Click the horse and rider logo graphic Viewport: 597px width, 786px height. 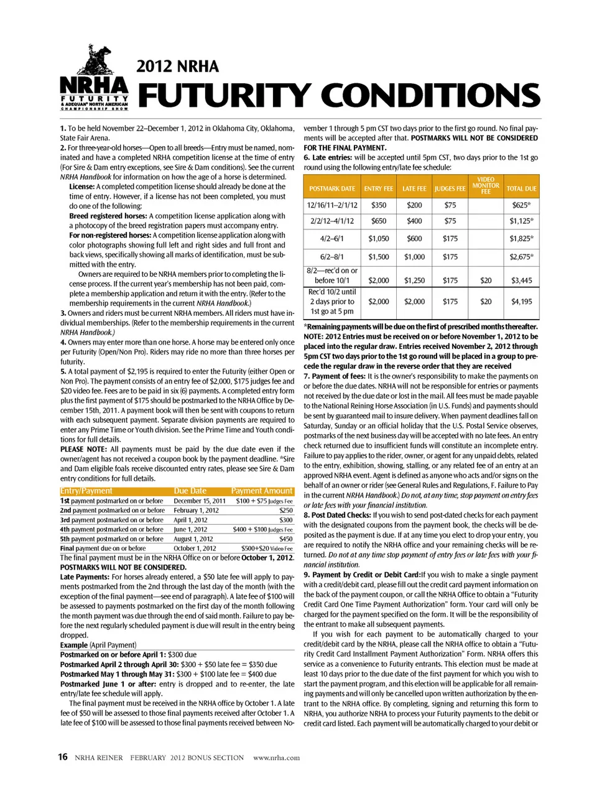coord(94,61)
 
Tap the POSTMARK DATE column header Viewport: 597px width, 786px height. coord(332,188)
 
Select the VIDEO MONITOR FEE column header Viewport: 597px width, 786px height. coord(486,185)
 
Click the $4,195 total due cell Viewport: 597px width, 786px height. coord(521,302)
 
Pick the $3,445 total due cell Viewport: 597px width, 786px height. coord(521,280)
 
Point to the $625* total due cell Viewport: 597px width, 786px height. coord(521,205)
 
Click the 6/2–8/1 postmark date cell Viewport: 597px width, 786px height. coord(332,257)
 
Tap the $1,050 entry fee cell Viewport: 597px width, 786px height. coord(378,238)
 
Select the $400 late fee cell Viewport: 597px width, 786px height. coord(414,221)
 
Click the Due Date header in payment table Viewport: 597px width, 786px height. coord(190,491)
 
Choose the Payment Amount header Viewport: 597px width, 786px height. coord(262,491)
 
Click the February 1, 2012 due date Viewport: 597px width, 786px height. coord(196,511)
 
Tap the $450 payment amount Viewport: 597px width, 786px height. coord(286,539)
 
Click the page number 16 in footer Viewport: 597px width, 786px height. coord(63,757)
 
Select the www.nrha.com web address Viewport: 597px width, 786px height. coord(277,757)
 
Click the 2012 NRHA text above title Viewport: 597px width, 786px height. coord(177,67)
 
